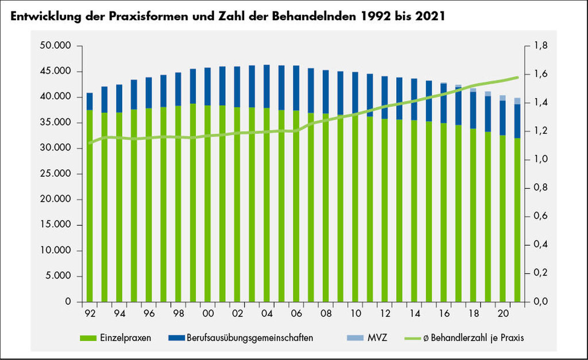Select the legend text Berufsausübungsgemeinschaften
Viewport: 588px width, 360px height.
[250, 338]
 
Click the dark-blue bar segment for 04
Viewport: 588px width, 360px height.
[267, 86]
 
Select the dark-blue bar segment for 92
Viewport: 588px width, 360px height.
[90, 101]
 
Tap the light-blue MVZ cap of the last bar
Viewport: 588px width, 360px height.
[517, 101]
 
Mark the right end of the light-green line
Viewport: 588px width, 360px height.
[517, 77]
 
